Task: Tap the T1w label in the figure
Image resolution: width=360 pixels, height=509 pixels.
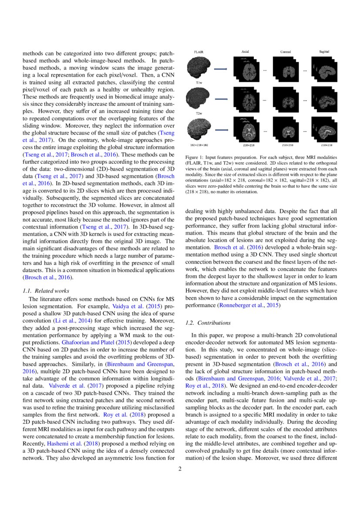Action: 199,82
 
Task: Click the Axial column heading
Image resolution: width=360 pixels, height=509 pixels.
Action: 245,52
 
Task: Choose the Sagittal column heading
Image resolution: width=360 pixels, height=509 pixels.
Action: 324,52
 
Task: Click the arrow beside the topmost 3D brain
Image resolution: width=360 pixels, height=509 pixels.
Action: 222,69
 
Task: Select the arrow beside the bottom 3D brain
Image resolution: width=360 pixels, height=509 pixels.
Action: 222,130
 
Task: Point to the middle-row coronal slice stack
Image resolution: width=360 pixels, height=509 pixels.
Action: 287,99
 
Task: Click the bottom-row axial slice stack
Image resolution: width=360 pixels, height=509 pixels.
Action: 246,129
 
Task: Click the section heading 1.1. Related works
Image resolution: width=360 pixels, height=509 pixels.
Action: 46,290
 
